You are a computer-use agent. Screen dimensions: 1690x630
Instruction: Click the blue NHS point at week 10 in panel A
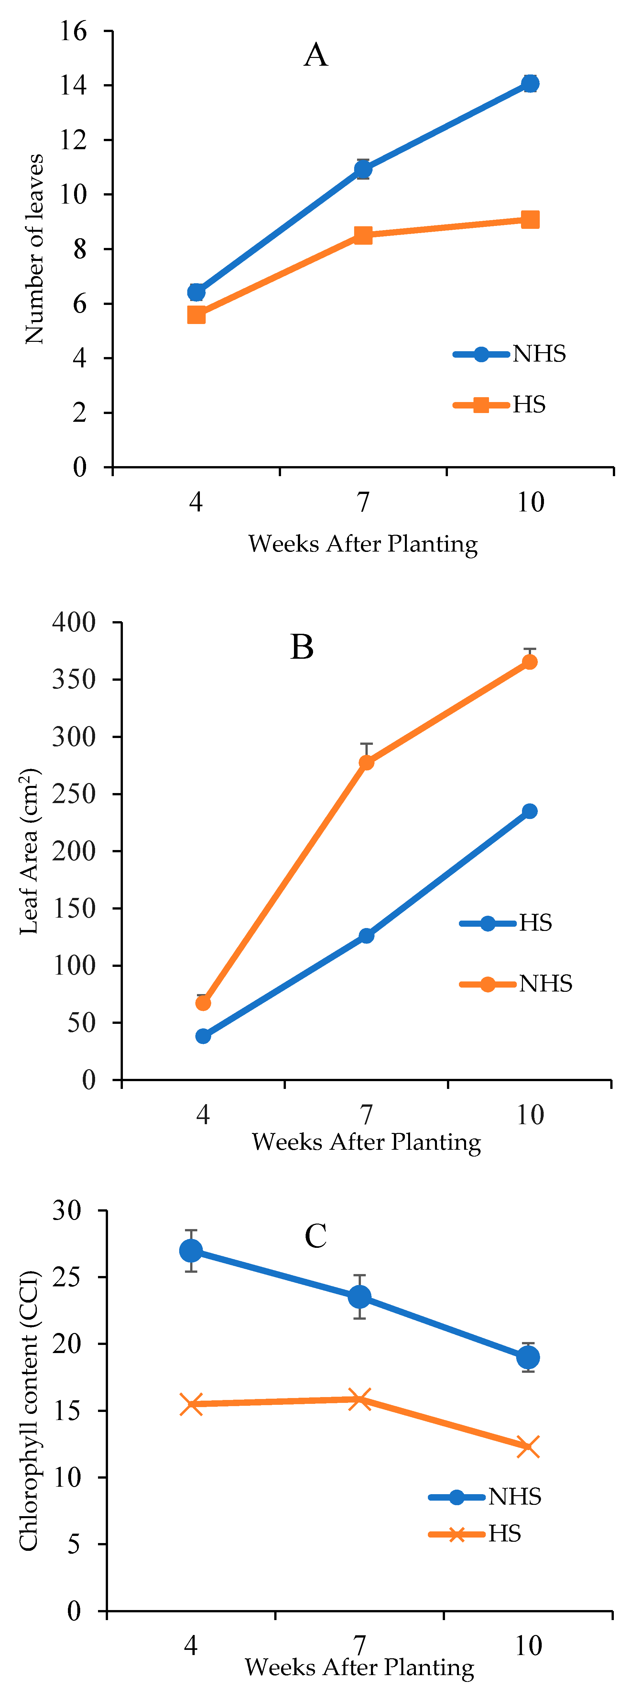(530, 83)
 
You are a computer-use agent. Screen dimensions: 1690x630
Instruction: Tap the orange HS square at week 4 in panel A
(196, 315)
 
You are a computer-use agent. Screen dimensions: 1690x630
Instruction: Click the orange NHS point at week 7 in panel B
(366, 762)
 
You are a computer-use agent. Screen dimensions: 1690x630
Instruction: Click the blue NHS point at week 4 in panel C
(191, 1250)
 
